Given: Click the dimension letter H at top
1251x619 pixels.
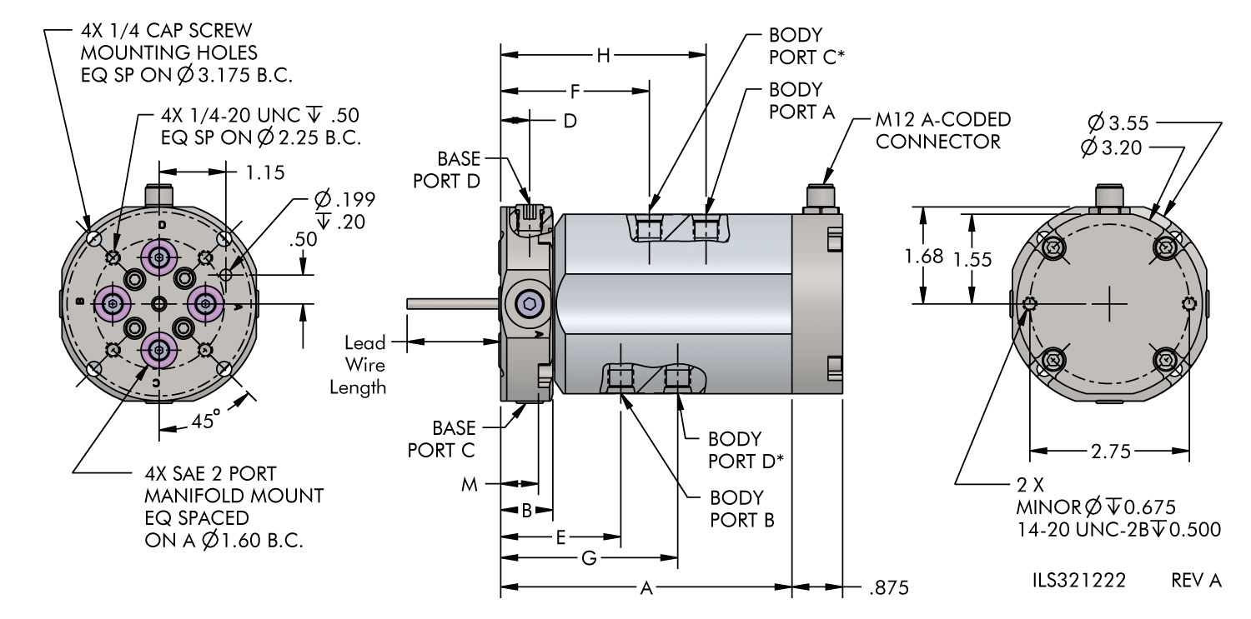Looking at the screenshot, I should click(x=605, y=56).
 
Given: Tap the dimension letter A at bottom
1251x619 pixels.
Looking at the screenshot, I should click(x=645, y=589).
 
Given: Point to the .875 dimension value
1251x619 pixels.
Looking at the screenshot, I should click(x=888, y=588).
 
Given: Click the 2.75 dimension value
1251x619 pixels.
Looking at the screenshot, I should click(x=1111, y=452).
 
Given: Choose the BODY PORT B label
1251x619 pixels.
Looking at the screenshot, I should click(x=742, y=509).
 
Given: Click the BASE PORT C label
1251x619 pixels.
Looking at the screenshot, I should click(x=441, y=439).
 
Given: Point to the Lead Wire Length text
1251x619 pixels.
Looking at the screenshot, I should click(x=365, y=364).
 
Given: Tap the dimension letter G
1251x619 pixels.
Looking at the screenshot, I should click(x=588, y=558).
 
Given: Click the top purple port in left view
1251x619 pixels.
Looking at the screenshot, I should click(x=158, y=257).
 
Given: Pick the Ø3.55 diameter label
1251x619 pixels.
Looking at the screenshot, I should click(x=1119, y=123).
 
